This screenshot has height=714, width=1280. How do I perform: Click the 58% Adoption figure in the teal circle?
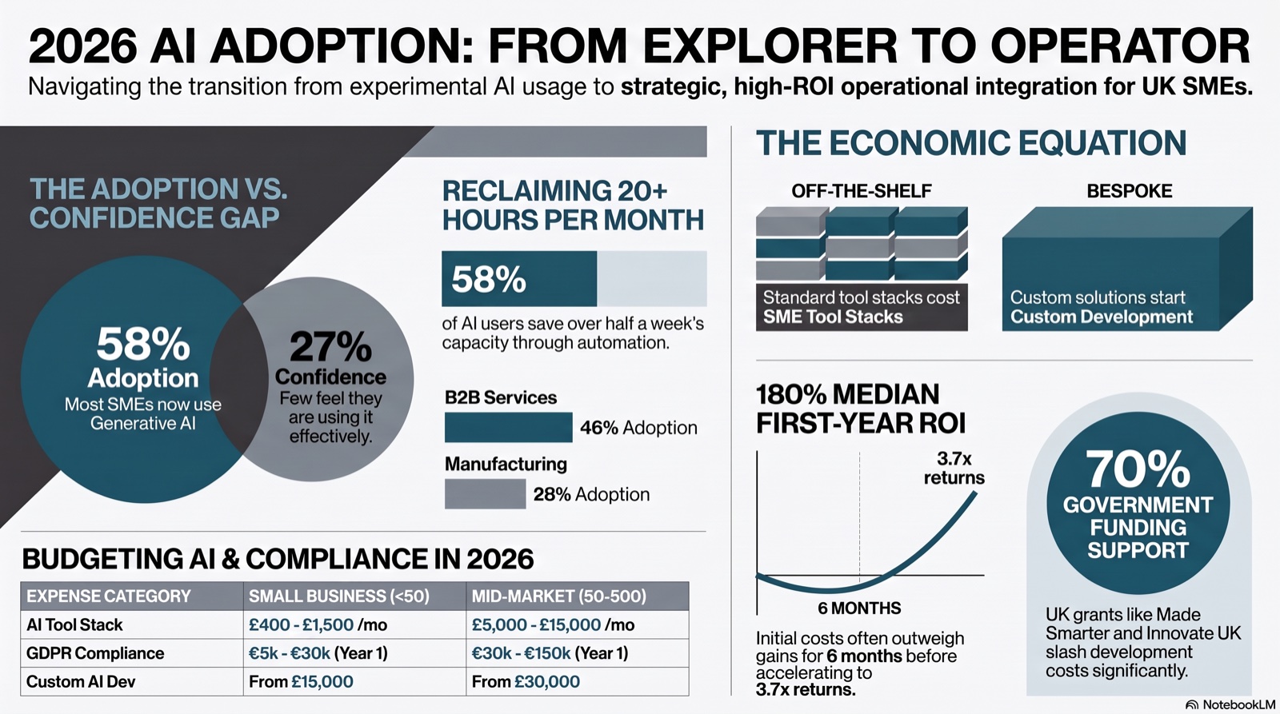tap(143, 344)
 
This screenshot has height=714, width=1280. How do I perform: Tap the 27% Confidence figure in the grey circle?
tap(331, 346)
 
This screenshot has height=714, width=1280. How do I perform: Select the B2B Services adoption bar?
tap(508, 427)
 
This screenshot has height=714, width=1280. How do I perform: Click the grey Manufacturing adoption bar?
tap(485, 494)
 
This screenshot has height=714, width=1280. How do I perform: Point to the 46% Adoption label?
tap(638, 428)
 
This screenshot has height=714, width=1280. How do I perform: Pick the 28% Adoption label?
tap(591, 494)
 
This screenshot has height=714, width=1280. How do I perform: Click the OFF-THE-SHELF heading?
tap(861, 191)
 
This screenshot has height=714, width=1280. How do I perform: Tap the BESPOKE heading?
tap(1129, 191)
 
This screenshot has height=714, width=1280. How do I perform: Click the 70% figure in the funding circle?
tap(1138, 469)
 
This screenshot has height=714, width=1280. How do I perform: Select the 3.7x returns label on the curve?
tap(954, 468)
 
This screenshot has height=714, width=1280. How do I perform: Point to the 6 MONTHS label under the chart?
tap(859, 608)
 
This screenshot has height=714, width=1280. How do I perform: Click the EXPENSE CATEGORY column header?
tap(109, 596)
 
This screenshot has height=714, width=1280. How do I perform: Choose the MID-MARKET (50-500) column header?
tap(559, 596)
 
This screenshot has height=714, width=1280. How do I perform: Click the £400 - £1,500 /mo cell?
tap(318, 625)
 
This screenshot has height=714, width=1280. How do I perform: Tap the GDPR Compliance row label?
tap(95, 653)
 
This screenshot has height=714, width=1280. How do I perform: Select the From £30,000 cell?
tap(526, 681)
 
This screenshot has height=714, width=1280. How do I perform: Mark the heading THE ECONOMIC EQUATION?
tap(971, 142)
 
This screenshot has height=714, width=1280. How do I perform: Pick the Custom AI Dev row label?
tap(81, 681)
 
